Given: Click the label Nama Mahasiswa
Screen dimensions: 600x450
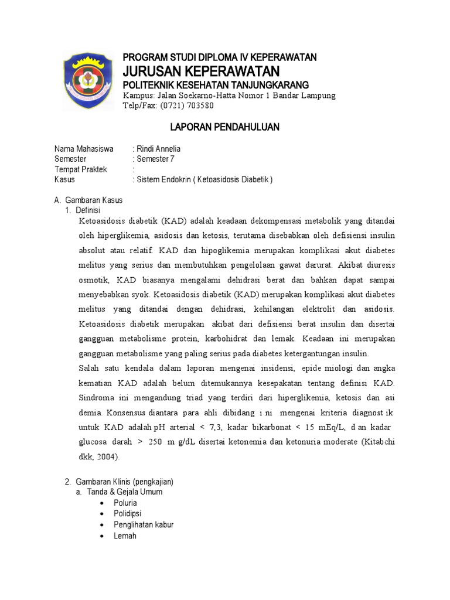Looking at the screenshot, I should pyautogui.click(x=84, y=149).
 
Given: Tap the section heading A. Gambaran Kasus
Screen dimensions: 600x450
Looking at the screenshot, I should pyautogui.click(x=88, y=200).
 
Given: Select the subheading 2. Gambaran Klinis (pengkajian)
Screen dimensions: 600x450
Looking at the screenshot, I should pyautogui.click(x=119, y=482).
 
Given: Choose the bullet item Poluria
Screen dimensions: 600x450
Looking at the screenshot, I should pyautogui.click(x=126, y=503).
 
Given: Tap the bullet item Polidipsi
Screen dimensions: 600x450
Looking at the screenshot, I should pyautogui.click(x=127, y=514).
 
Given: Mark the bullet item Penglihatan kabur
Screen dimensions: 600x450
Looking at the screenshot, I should pyautogui.click(x=144, y=524).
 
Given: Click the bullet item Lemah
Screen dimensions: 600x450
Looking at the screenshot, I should pyautogui.click(x=125, y=536).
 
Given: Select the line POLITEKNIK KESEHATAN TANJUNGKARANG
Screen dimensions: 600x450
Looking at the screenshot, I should pyautogui.click(x=215, y=85).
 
